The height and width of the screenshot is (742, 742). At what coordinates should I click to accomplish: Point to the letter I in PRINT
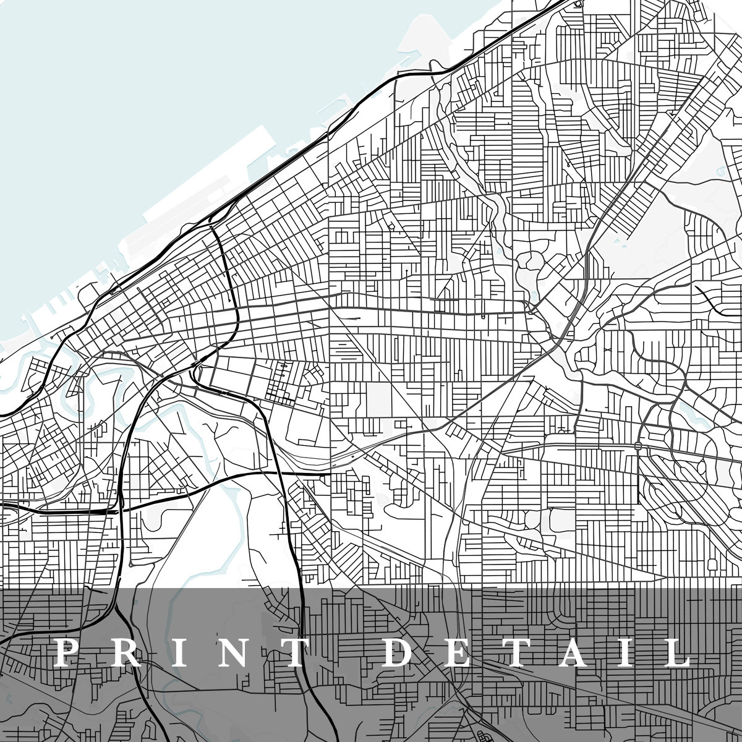click(179, 652)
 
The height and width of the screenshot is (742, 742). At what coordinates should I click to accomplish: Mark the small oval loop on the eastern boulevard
click(638, 445)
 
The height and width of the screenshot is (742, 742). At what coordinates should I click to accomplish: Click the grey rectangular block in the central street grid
click(378, 399)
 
